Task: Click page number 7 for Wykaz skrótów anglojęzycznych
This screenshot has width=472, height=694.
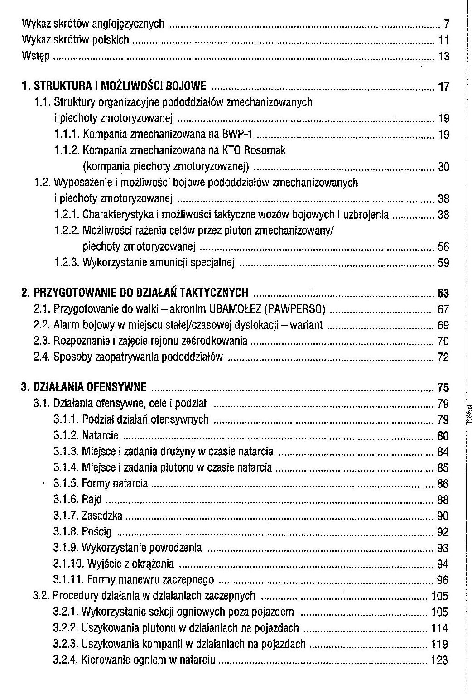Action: [446, 24]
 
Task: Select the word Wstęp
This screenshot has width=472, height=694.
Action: [36, 57]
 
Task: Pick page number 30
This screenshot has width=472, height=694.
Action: [443, 167]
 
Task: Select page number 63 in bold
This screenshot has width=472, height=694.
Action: [443, 294]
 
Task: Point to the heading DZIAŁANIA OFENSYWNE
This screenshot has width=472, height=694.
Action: [90, 387]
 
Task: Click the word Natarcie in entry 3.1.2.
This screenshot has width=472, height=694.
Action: [100, 436]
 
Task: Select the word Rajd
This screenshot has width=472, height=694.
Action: [92, 500]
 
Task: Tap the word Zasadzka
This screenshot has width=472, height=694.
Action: [102, 516]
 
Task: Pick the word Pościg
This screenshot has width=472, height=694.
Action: [97, 532]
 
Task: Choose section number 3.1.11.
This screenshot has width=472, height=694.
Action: [68, 580]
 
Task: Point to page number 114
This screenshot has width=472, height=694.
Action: [439, 628]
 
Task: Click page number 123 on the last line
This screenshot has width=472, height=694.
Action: [439, 660]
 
